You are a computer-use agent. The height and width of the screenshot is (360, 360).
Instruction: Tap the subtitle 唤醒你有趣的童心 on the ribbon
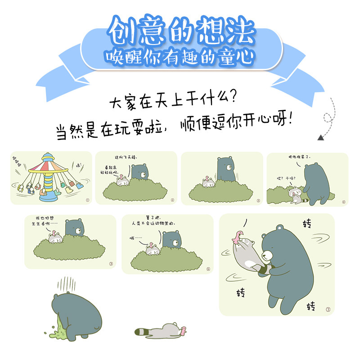tap(180, 57)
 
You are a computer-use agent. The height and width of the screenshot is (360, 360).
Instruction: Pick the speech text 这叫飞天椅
tap(126, 157)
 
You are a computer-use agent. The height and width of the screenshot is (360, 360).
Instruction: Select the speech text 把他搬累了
tap(299, 157)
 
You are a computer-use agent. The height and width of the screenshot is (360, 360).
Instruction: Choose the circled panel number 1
tap(87, 200)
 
